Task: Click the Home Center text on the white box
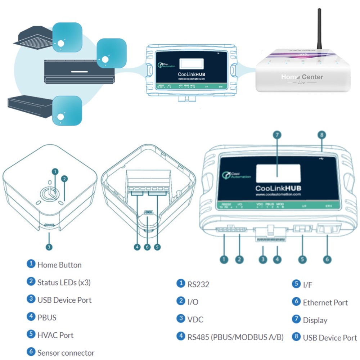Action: [302, 77]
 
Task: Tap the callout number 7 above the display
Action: [277, 135]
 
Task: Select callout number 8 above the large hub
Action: [322, 135]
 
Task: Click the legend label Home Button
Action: [59, 265]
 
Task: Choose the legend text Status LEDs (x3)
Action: [64, 283]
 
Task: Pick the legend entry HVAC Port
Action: [55, 335]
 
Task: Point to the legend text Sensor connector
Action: [66, 353]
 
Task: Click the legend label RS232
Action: [198, 284]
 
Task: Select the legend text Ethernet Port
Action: [325, 303]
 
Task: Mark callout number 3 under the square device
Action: [49, 247]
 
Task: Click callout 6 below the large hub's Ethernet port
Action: [327, 259]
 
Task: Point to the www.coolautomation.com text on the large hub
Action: [278, 194]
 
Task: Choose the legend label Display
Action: [315, 320]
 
